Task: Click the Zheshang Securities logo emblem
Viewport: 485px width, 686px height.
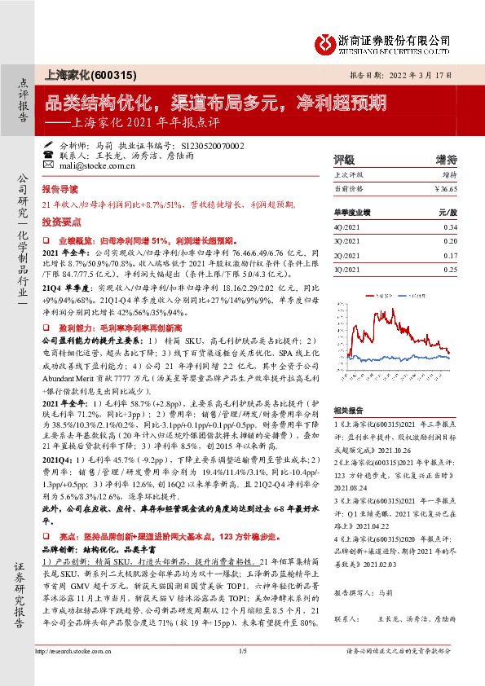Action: tap(326, 42)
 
